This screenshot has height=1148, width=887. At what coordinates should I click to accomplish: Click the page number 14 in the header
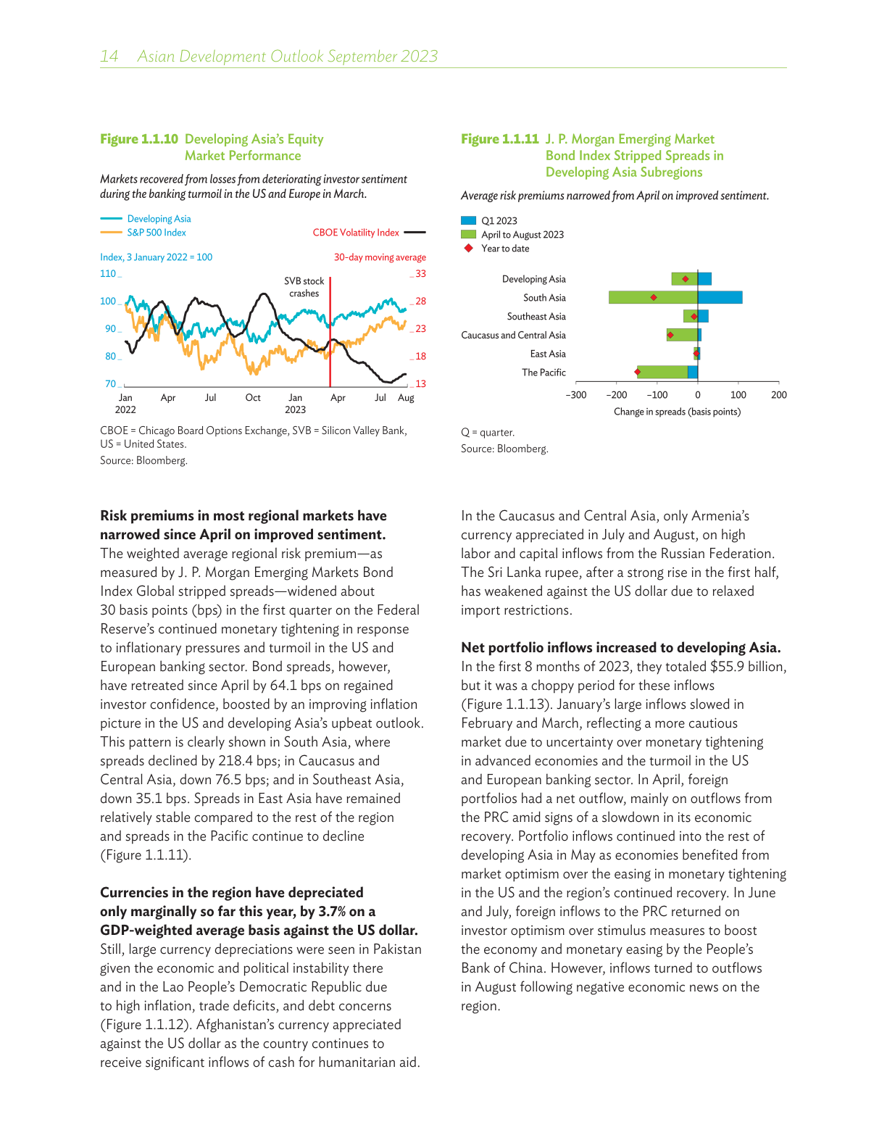coord(109,57)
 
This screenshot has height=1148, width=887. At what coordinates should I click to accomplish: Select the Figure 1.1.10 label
coord(139,139)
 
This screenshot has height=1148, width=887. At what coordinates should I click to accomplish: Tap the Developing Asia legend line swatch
coord(111,219)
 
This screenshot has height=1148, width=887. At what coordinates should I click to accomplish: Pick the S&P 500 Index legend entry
coord(156,233)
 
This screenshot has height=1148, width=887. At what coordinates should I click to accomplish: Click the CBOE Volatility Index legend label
coord(356,233)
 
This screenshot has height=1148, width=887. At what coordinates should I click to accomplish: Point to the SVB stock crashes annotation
coord(304,287)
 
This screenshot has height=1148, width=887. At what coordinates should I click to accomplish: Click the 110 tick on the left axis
coord(108,274)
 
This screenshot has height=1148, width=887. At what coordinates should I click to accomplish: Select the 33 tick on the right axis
coord(420,274)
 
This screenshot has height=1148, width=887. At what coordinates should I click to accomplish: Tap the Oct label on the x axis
coord(253,398)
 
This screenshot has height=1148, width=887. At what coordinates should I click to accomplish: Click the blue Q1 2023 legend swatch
coord(469,221)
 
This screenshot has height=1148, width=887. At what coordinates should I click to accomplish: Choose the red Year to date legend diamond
coord(469,249)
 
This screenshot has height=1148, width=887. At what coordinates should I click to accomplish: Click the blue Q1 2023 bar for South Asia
coord(720,297)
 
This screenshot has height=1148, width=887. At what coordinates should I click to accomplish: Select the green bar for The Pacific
coord(662,372)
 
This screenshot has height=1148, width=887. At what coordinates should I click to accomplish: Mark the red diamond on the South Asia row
coord(654,297)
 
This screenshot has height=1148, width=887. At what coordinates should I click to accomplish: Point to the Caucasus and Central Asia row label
coord(513,336)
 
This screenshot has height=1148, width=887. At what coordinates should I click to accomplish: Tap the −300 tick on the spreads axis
coord(576,395)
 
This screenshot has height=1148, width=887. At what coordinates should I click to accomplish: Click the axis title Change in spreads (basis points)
coord(677,412)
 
